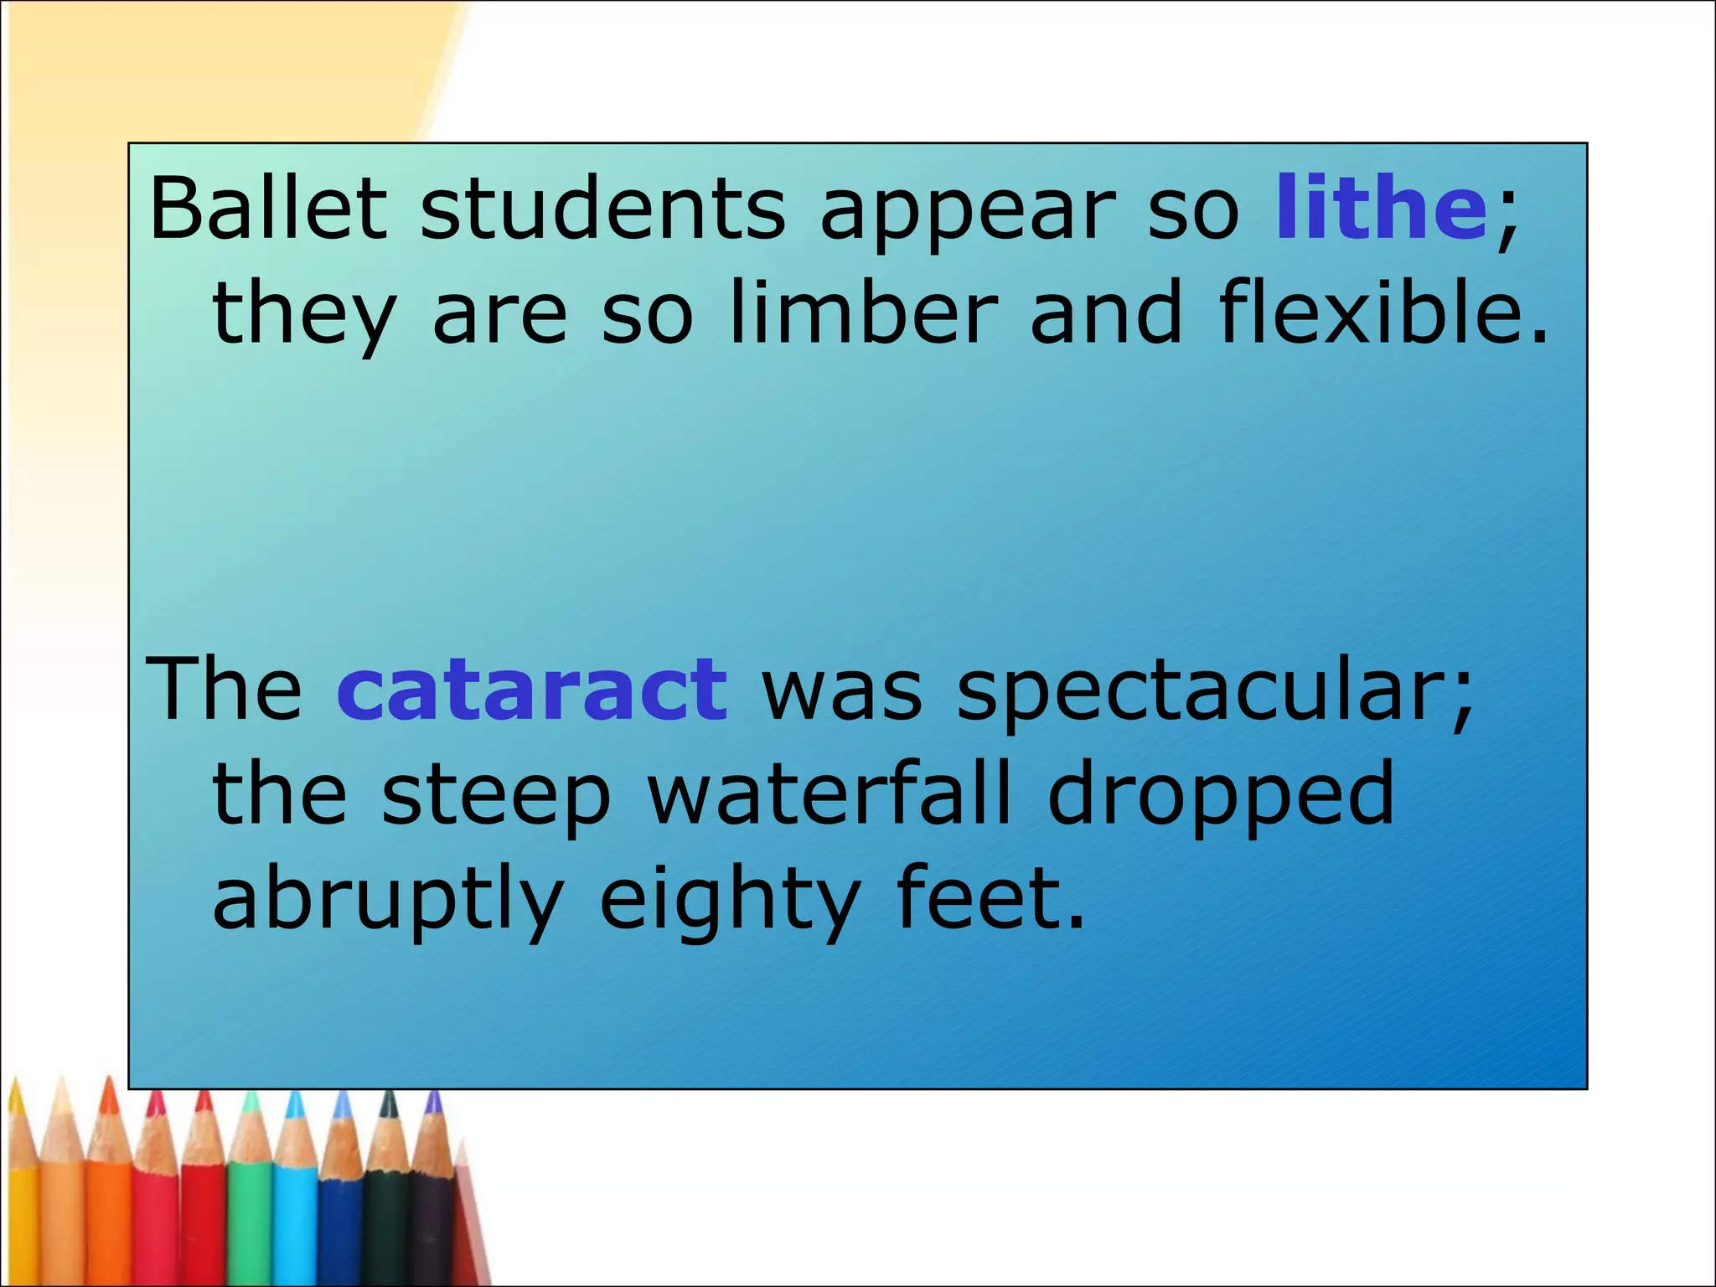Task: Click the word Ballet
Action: [x=267, y=207]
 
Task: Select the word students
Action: [x=602, y=207]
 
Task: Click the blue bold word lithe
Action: [x=1380, y=207]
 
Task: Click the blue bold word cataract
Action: [x=532, y=689]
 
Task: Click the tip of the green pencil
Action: [x=251, y=1098]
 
